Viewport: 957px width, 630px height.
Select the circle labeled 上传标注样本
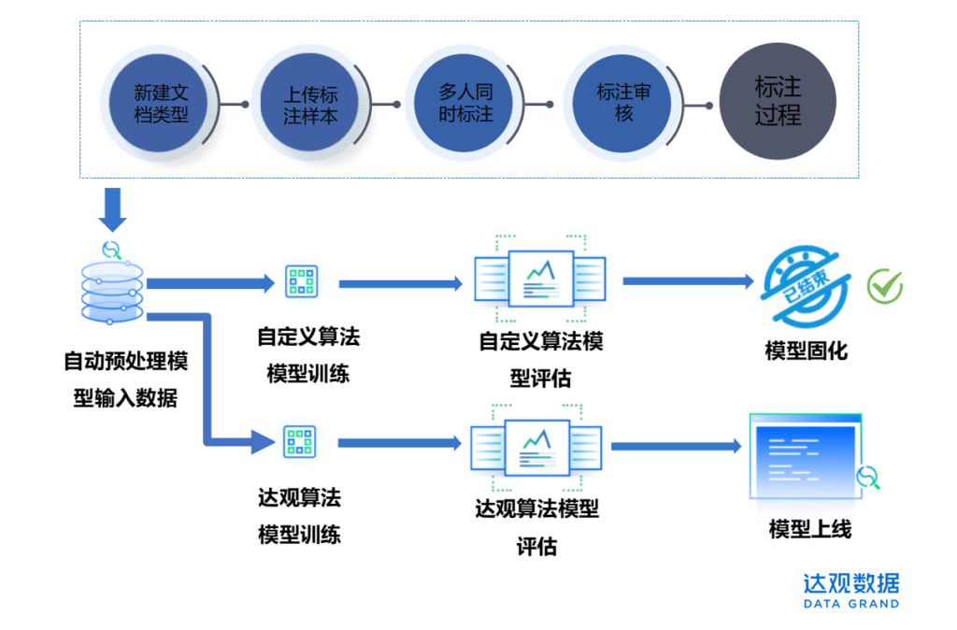point(310,105)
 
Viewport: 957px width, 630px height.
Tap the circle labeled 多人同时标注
point(465,104)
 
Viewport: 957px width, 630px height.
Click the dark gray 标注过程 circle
point(778,102)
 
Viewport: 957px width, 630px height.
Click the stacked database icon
point(112,285)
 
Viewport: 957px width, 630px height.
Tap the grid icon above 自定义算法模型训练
point(301,281)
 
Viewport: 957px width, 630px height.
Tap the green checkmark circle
point(884,286)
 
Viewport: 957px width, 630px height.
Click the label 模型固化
point(806,351)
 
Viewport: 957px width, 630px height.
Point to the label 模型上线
point(809,529)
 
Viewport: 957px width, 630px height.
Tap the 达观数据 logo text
point(850,584)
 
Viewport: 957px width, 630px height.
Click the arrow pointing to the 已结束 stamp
point(688,280)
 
